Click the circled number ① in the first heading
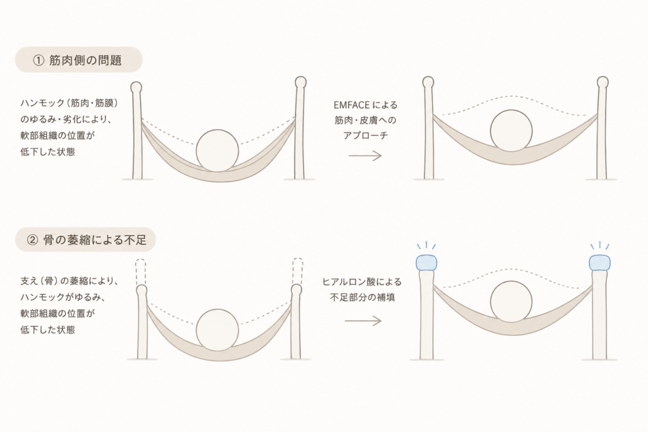point(39,61)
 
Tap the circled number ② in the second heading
point(32,240)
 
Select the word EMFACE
point(351,105)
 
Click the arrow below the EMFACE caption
point(365,156)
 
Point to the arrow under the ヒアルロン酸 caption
point(363,321)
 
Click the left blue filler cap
point(427,262)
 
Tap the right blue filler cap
point(600,262)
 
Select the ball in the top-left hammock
point(218,151)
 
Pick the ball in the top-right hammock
point(511,131)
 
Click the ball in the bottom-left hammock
point(218,330)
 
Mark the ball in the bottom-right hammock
point(511,303)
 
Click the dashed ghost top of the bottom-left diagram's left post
point(140,271)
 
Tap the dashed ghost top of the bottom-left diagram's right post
point(297,271)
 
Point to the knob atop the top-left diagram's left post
point(136,87)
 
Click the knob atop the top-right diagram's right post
point(603,82)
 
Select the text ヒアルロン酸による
point(362,282)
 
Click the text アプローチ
point(365,135)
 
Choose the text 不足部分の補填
point(363,297)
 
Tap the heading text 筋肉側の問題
point(85,61)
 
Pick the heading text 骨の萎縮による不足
point(95,240)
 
